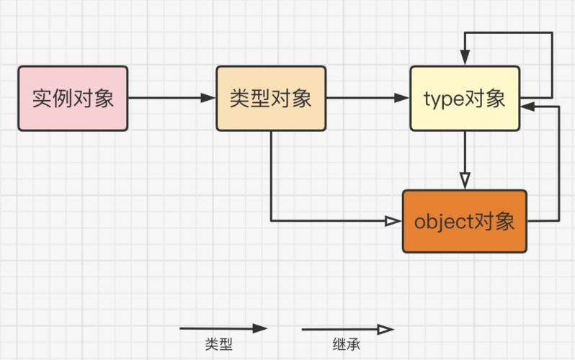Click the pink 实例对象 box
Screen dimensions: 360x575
tap(73, 99)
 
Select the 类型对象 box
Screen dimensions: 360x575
tap(271, 99)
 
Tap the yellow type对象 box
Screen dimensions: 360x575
tap(465, 99)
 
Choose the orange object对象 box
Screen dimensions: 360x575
tap(465, 221)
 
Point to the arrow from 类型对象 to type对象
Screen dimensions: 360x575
tap(367, 99)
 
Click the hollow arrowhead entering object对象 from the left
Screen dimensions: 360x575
tap(393, 221)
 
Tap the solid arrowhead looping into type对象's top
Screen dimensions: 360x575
tap(465, 58)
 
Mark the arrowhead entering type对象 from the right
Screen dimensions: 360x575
tap(528, 106)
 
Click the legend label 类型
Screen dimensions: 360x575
tap(218, 345)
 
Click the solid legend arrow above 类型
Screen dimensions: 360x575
tap(223, 328)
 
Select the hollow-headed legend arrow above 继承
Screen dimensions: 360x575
tap(347, 330)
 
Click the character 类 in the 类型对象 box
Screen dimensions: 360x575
tap(240, 99)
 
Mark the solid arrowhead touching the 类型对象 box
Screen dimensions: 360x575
tap(210, 99)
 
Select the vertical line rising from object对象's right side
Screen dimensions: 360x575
tap(558, 162)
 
